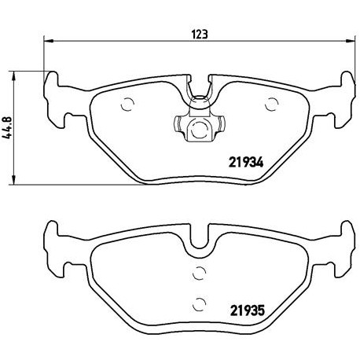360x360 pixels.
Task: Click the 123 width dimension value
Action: (x=200, y=35)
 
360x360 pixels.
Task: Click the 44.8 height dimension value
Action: (x=8, y=128)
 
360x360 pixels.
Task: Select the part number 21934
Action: (x=246, y=163)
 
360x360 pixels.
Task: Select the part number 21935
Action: (x=248, y=310)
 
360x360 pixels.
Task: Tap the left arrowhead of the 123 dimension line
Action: (x=49, y=41)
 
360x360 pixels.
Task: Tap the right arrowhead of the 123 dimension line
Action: (x=350, y=41)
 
